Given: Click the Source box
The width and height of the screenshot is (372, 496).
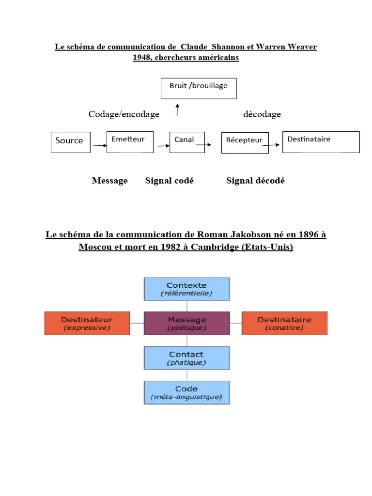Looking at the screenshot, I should pyautogui.click(x=70, y=142).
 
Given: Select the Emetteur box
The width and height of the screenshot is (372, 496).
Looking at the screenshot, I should pyautogui.click(x=129, y=142).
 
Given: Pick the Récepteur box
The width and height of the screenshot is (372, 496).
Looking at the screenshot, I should pyautogui.click(x=245, y=142).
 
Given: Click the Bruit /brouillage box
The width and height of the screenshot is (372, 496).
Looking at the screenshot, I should pyautogui.click(x=198, y=88).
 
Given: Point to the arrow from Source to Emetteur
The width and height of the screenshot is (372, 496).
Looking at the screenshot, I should pyautogui.click(x=99, y=144).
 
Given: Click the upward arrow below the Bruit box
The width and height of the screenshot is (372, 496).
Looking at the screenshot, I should pyautogui.click(x=178, y=110).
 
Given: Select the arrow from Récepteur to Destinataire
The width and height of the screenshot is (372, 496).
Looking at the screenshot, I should pyautogui.click(x=276, y=144).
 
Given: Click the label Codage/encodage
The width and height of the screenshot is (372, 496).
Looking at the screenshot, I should pyautogui.click(x=124, y=114).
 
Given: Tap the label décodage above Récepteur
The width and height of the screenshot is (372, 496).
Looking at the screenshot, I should pyautogui.click(x=262, y=114).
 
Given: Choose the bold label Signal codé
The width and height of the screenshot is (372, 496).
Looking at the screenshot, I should pyautogui.click(x=169, y=181).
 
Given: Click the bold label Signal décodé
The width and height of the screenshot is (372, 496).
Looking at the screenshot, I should pyautogui.click(x=255, y=181).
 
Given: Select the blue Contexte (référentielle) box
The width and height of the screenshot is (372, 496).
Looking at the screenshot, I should pyautogui.click(x=186, y=289).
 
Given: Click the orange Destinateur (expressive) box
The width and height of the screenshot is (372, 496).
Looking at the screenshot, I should pyautogui.click(x=87, y=324).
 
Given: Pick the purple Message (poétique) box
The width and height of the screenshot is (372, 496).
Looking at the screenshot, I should pyautogui.click(x=186, y=324).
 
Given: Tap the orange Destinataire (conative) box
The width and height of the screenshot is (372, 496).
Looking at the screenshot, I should pyautogui.click(x=284, y=324).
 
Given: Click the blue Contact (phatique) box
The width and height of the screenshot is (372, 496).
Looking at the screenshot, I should pyautogui.click(x=186, y=358).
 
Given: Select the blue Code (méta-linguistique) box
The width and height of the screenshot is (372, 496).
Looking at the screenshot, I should pyautogui.click(x=186, y=392).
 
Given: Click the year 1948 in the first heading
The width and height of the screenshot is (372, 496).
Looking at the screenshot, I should pyautogui.click(x=142, y=58).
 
